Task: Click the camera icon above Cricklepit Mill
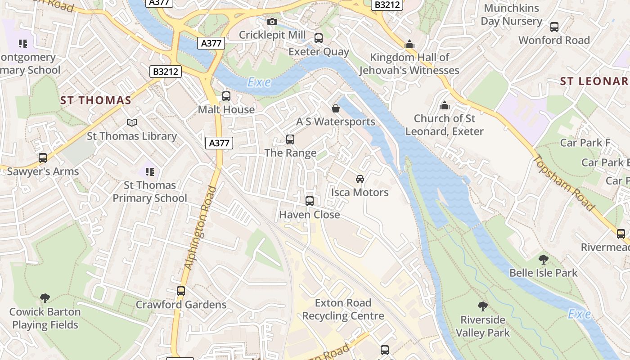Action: click(x=272, y=22)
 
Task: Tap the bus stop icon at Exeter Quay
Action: click(x=319, y=38)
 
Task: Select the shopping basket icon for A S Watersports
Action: click(x=336, y=108)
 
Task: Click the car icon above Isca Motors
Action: click(x=360, y=179)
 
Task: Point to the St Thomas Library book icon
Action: click(x=131, y=122)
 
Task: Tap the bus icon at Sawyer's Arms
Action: click(x=43, y=158)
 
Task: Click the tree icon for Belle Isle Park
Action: click(x=543, y=259)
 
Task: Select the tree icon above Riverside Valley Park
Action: click(x=482, y=306)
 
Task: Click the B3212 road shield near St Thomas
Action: click(x=166, y=71)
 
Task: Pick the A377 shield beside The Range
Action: click(x=220, y=143)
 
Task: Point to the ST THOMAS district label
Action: click(x=95, y=100)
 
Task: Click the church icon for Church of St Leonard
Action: click(x=444, y=105)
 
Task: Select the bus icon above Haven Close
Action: click(x=310, y=201)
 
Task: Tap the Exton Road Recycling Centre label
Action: click(x=343, y=309)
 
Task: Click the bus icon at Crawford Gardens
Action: click(x=181, y=291)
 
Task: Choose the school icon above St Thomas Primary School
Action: click(x=150, y=171)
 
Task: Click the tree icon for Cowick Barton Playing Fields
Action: click(x=45, y=298)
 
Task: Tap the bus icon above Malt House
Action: click(x=226, y=96)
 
